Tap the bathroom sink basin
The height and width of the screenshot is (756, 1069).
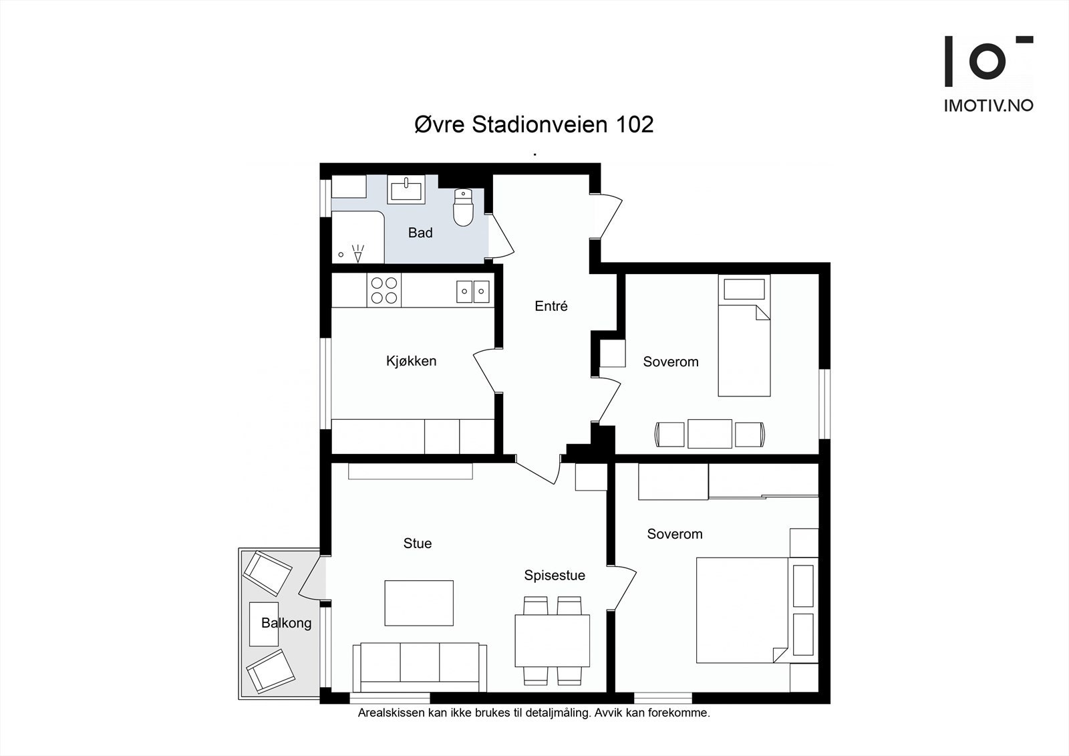(406, 190)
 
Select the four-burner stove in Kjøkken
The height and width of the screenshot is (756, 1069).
(384, 290)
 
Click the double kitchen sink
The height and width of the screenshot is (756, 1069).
(473, 291)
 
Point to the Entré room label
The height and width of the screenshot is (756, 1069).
(551, 306)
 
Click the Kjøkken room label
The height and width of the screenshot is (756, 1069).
(412, 361)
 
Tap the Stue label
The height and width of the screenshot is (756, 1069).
(418, 543)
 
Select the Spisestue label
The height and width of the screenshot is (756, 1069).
(555, 576)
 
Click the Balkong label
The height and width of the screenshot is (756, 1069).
(287, 623)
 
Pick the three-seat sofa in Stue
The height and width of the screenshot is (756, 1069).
(420, 667)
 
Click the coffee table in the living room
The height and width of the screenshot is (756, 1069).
(419, 603)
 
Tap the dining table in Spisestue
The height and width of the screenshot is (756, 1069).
(552, 641)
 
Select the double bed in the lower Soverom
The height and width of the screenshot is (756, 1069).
(742, 610)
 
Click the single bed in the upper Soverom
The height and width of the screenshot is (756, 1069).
(744, 336)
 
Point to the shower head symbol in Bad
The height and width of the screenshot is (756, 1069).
(358, 253)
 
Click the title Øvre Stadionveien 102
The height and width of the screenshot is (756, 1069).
(534, 124)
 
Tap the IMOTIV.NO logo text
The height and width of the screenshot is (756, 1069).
(989, 106)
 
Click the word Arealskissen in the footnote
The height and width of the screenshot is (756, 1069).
(392, 713)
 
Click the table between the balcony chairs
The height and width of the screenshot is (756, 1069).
(264, 624)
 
